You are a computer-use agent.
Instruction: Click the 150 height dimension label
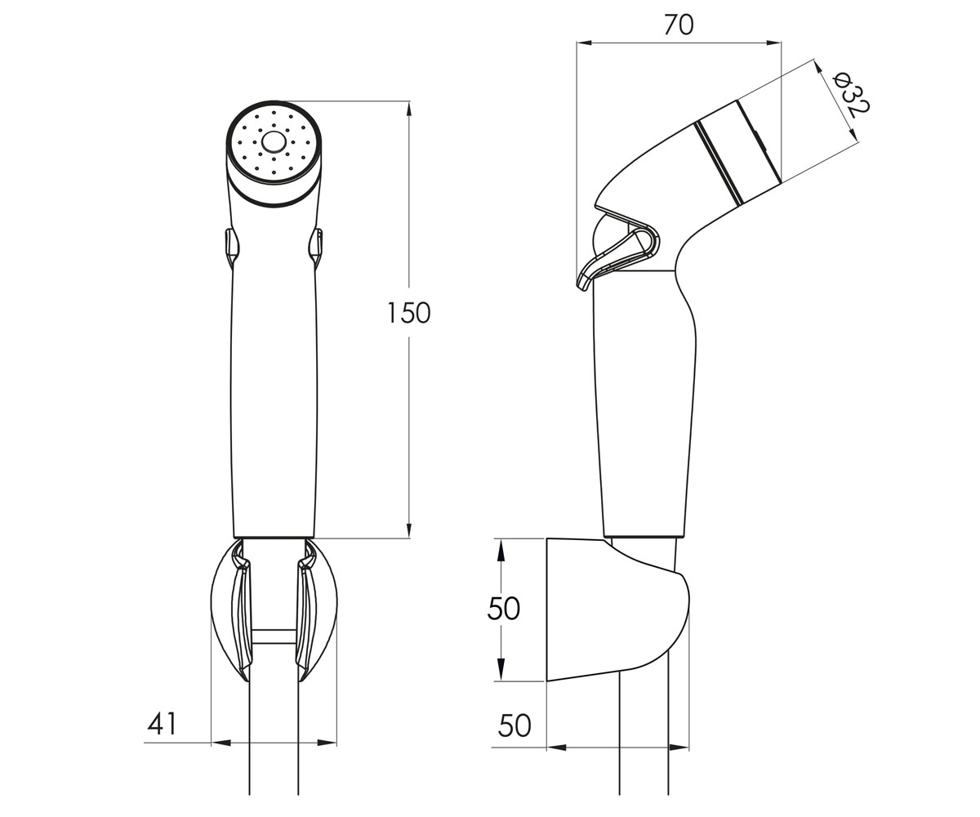408,313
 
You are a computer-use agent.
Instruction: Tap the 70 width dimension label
679,25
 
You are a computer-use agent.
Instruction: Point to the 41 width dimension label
162,724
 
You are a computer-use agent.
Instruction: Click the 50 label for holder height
504,609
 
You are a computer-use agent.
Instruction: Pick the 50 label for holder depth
514,725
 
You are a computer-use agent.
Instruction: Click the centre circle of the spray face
273,142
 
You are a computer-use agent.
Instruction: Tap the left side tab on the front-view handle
232,247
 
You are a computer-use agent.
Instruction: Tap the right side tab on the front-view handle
316,248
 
